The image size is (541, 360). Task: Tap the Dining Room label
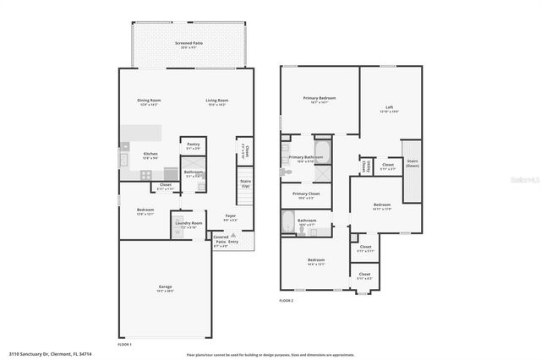(149, 101)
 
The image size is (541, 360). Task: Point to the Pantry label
(194, 146)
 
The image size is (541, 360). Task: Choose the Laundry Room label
(189, 223)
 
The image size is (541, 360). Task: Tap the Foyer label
(230, 215)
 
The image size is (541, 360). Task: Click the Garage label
(165, 287)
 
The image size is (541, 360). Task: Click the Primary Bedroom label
(320, 98)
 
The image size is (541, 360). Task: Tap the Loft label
(389, 106)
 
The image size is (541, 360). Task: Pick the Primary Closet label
(306, 194)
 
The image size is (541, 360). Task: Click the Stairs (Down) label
(413, 162)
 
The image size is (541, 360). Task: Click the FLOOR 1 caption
(124, 345)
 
